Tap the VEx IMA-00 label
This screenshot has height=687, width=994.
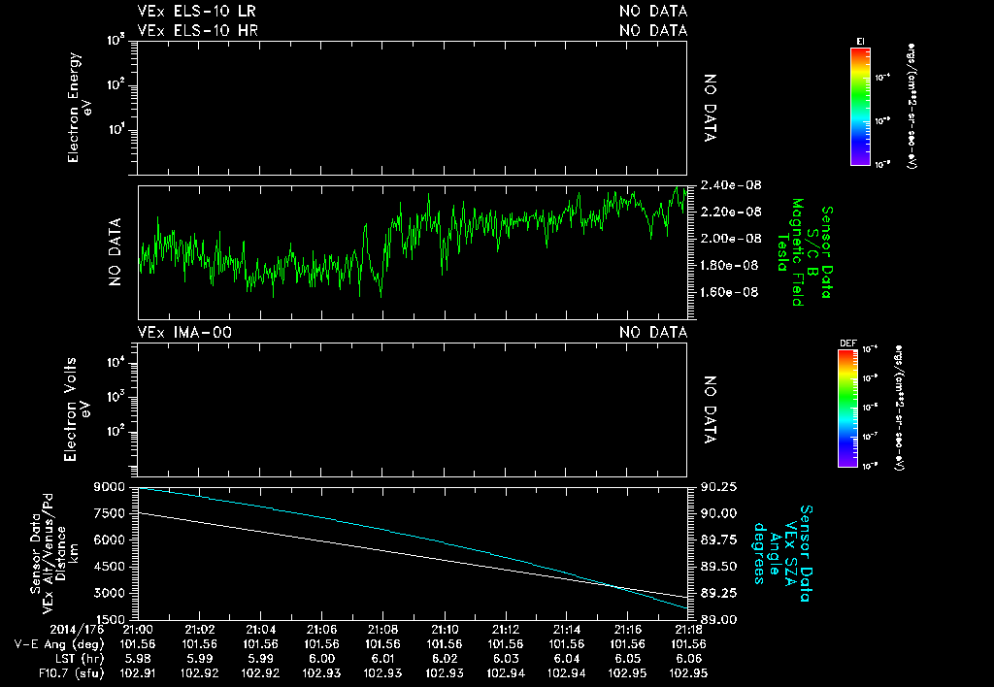184,333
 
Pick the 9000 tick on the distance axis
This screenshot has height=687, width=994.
109,487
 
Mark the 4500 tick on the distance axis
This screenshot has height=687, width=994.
109,567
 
